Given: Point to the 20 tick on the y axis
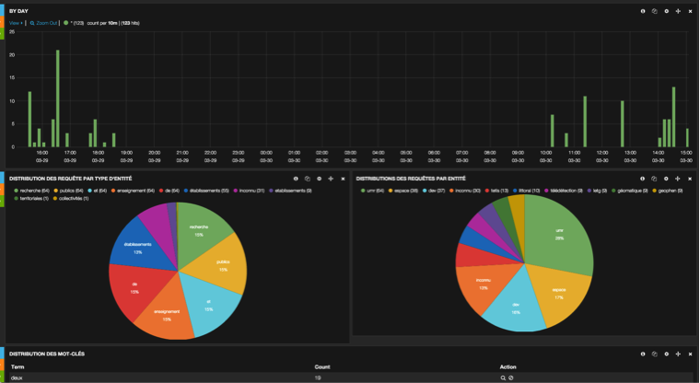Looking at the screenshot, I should point(11,55).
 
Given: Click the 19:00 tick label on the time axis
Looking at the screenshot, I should point(126,153).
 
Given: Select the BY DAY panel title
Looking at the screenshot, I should point(19,10).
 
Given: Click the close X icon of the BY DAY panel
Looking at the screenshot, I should point(690,10).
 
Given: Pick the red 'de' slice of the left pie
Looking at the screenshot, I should point(135,286).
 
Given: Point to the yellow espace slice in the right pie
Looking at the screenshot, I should point(557,294).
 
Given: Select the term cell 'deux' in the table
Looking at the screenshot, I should point(17,377).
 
